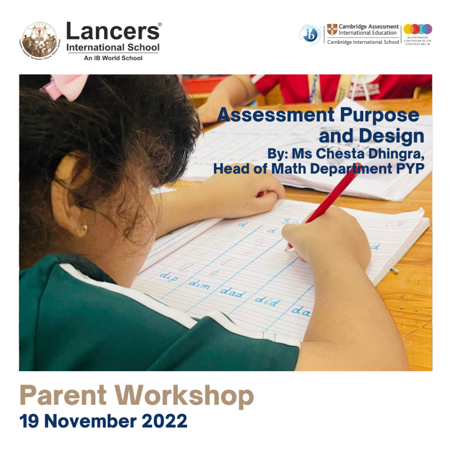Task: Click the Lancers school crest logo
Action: coord(39,39)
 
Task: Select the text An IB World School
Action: coord(113,58)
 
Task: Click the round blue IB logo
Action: coord(310,34)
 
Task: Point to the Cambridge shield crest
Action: coord(332,29)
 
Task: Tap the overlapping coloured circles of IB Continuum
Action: coord(417,29)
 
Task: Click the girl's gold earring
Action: coord(83,229)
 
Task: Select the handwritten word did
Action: coord(267,301)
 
